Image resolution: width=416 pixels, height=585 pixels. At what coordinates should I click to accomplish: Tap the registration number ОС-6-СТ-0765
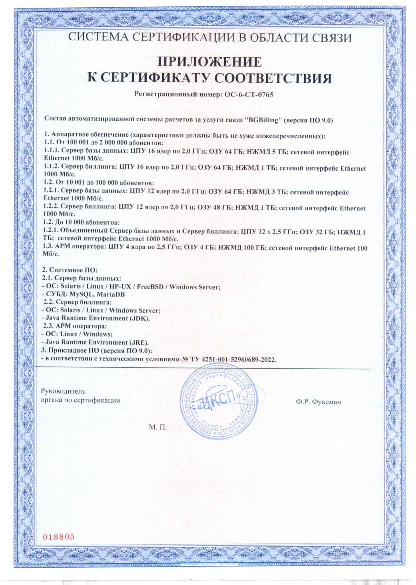coord(249,95)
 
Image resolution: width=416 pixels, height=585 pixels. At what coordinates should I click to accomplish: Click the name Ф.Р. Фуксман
coord(318,402)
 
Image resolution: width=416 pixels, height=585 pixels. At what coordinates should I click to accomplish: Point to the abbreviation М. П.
coord(158,427)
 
